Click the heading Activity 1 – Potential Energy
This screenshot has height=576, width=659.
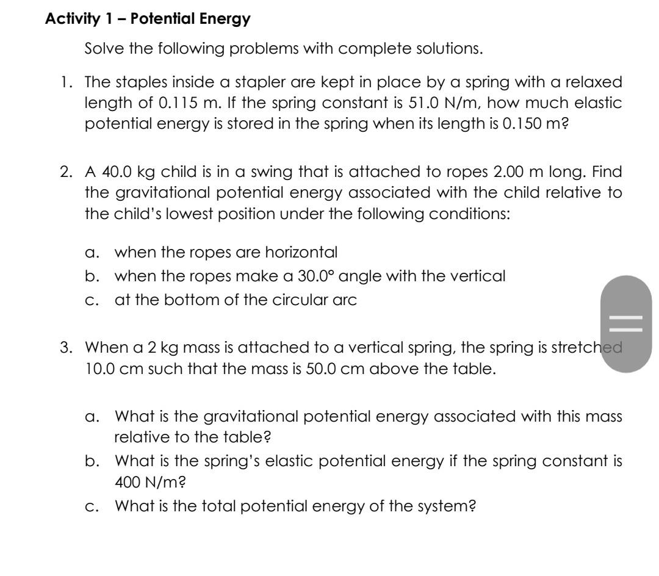148,19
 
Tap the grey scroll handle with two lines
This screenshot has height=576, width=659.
626,323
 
